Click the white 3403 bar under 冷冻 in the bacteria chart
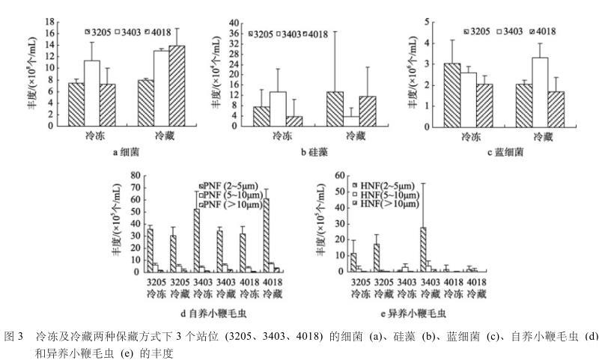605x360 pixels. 91,93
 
